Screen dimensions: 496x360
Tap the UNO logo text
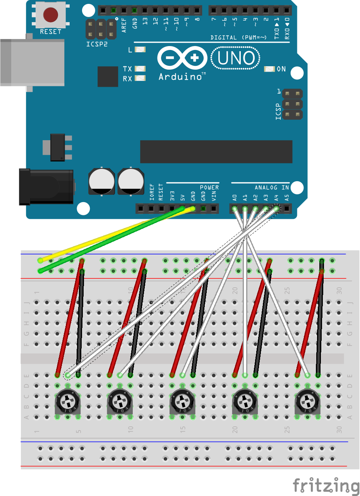(x=236, y=58)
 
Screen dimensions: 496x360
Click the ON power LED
(x=269, y=69)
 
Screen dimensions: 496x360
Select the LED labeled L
(x=140, y=50)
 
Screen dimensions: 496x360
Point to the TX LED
(x=140, y=69)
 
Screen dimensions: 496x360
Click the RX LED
(x=140, y=78)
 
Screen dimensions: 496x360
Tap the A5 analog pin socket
(x=286, y=209)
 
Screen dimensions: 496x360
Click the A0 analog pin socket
(x=234, y=209)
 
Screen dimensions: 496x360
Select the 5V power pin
(x=182, y=209)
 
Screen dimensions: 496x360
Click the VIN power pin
(x=213, y=209)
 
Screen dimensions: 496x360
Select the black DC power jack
(x=46, y=187)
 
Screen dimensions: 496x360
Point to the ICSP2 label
(x=97, y=44)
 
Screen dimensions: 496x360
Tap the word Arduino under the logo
(x=180, y=77)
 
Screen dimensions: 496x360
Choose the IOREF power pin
(x=151, y=209)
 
